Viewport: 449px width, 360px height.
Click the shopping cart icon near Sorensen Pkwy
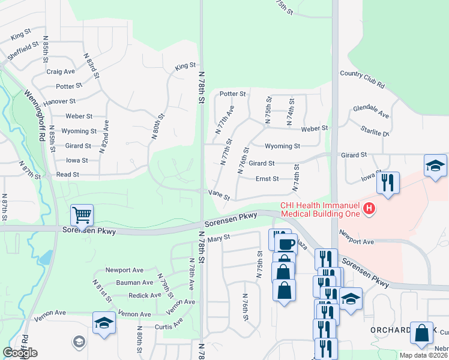click(x=82, y=214)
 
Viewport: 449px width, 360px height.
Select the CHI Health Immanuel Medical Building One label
click(x=320, y=209)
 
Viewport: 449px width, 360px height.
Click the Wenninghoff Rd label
click(x=35, y=115)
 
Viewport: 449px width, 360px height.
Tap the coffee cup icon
click(x=286, y=244)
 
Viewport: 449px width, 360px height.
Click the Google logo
click(x=20, y=353)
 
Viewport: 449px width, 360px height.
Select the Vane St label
click(x=219, y=193)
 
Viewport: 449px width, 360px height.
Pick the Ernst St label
click(x=267, y=179)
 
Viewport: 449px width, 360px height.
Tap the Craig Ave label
click(x=61, y=71)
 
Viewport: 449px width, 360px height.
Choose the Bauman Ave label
click(x=135, y=283)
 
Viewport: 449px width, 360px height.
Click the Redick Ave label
click(x=145, y=295)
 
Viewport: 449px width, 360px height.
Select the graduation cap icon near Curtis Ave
click(x=104, y=322)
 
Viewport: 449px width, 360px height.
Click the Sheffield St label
click(x=23, y=50)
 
